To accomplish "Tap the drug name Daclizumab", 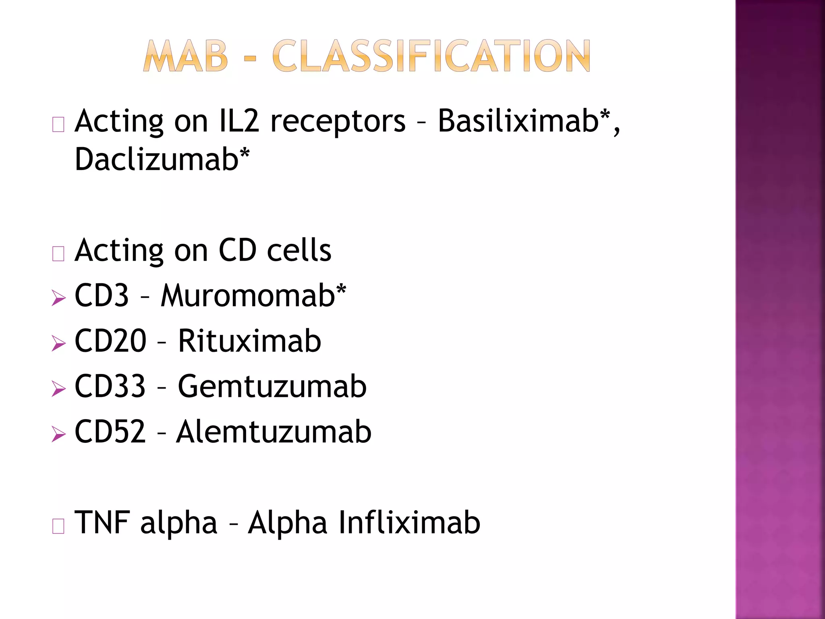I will tap(157, 159).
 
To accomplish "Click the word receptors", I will tap(338, 122).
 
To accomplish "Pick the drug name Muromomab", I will tap(248, 295).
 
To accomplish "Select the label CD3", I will tap(102, 295).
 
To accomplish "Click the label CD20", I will tap(110, 341).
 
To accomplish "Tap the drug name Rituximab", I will tap(249, 341).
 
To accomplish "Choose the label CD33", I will tap(110, 386).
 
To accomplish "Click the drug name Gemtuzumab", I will tap(272, 386).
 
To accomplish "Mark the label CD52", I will tap(110, 432).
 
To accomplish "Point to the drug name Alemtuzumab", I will tap(274, 432).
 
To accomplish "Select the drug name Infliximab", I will tap(409, 523).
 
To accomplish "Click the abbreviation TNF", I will tap(102, 523).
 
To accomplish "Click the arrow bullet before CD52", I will tap(59, 434).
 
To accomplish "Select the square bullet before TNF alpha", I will tap(58, 526).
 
